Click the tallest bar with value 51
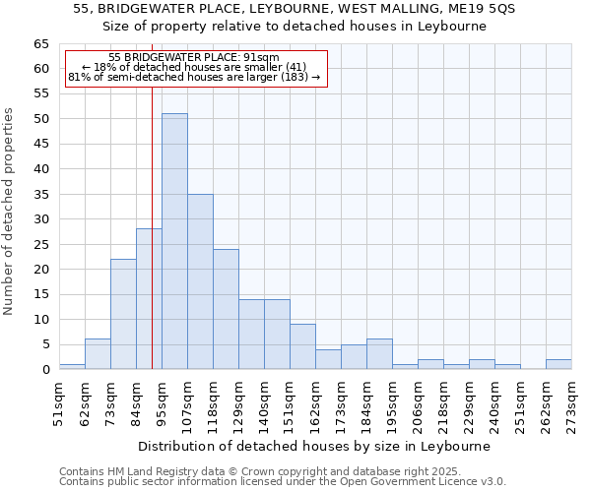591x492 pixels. pos(174,241)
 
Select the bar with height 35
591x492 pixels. pos(200,281)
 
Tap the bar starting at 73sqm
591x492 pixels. pos(123,314)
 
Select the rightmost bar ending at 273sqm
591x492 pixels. pos(558,364)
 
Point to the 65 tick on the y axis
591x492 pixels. pos(41,44)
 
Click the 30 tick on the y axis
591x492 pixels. pos(41,219)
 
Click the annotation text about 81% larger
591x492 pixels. pos(194,77)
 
